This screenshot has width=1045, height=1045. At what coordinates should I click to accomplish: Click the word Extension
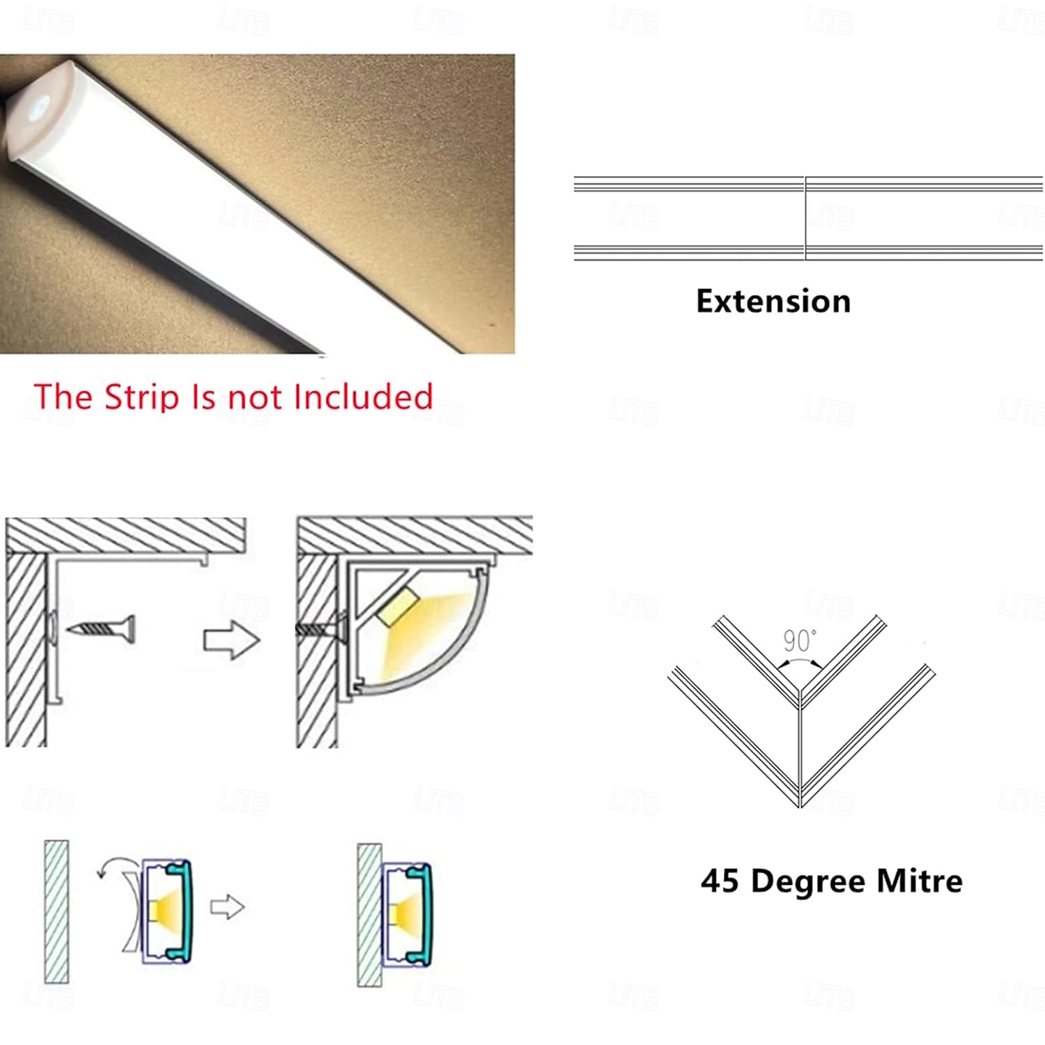point(773,302)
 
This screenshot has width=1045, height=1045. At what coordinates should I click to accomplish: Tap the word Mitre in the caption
point(920,881)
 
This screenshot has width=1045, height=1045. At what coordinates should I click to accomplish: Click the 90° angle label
point(799,640)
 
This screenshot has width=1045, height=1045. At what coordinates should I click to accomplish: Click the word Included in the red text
point(363,396)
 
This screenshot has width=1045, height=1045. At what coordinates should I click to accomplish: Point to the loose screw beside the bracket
point(101,629)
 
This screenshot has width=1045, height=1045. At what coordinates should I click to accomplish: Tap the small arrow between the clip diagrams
point(227,907)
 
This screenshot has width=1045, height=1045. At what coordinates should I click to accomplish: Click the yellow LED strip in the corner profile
point(396,604)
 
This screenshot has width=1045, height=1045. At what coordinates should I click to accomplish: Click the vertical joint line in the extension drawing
point(805,218)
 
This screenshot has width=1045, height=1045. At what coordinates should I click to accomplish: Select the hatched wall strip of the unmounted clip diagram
point(56,911)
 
